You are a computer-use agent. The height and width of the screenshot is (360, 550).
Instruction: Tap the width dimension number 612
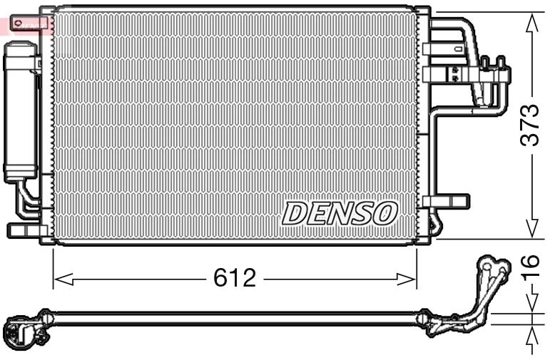click(x=234, y=278)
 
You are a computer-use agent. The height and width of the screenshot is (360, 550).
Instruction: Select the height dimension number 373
click(x=529, y=125)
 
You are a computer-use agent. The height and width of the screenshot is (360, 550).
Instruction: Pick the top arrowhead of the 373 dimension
click(x=531, y=21)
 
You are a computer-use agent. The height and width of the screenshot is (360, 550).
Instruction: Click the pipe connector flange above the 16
click(x=492, y=271)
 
